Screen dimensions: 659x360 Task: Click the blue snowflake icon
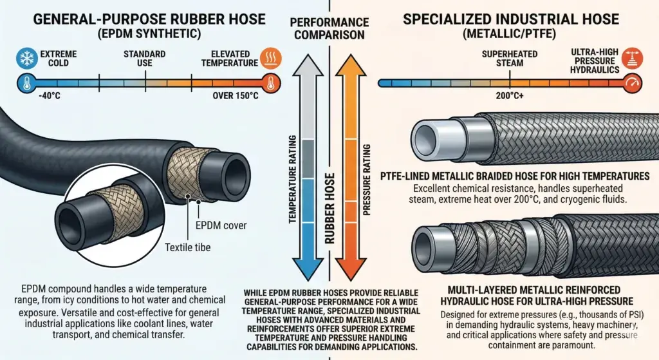pos(27,58)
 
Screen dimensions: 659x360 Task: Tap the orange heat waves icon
pos(271,58)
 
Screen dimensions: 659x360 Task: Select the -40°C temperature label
pos(49,96)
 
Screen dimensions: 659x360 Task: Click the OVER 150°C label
pos(236,96)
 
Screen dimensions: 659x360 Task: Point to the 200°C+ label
pos(510,96)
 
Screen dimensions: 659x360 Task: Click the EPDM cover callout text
pos(221,225)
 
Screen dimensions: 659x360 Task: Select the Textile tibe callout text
pos(187,247)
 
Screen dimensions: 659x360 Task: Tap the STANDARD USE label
pos(145,59)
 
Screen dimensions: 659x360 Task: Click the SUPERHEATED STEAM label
pos(510,59)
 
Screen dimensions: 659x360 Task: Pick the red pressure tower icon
pos(632,58)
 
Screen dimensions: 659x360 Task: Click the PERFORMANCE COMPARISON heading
pos(329,28)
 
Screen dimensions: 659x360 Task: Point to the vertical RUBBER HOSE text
pos(330,209)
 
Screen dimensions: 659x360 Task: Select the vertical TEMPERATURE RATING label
pos(293,179)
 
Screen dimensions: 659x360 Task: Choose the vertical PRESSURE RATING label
pos(367,180)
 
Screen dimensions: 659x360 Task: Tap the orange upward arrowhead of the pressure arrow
pos(351,66)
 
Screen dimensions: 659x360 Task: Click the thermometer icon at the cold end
pos(27,83)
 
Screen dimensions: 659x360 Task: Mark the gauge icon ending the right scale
pos(632,83)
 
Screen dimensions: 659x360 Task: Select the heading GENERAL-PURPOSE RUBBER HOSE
pos(149,19)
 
